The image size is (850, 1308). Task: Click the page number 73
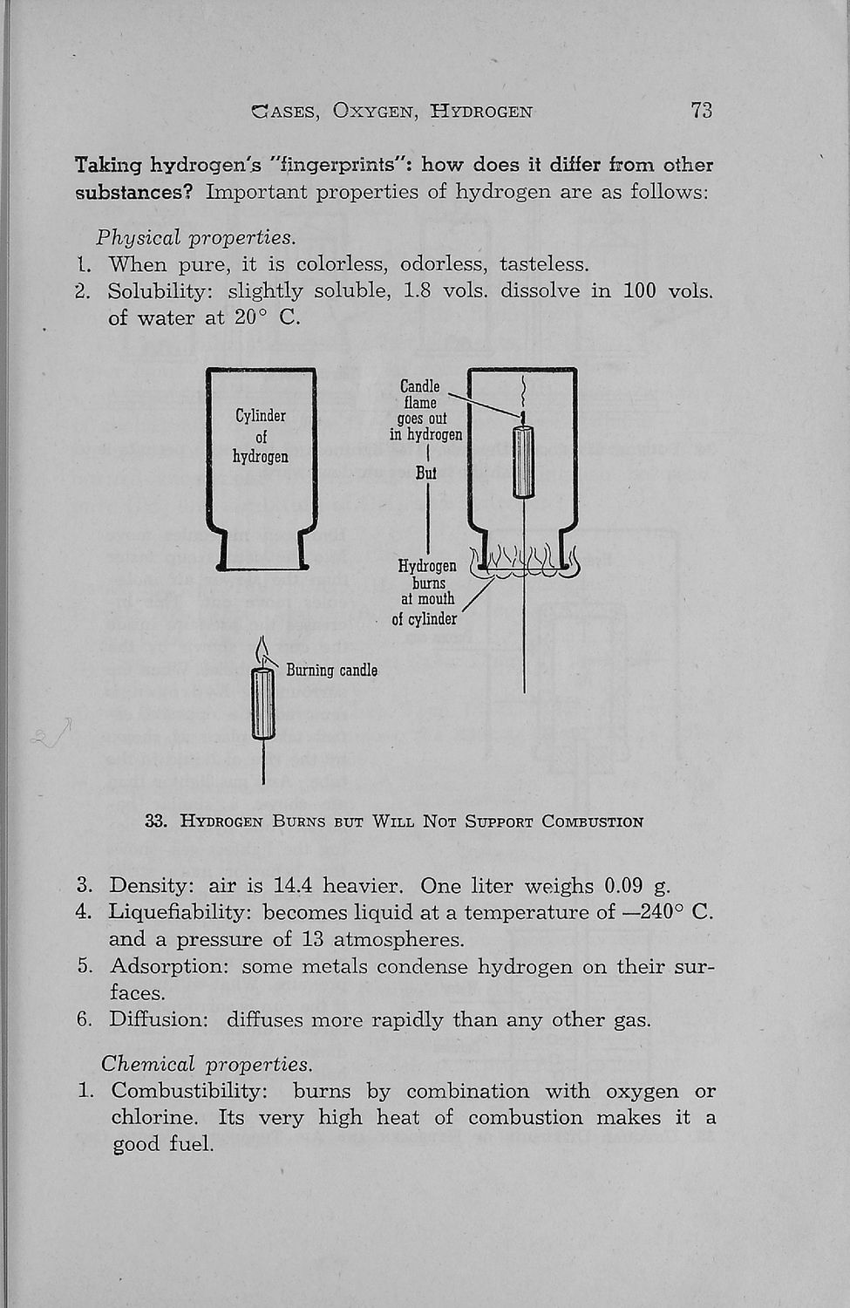[701, 110]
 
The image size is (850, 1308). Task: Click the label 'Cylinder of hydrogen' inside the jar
[261, 436]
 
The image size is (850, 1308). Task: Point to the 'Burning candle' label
[331, 670]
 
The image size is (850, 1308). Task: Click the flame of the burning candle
[262, 651]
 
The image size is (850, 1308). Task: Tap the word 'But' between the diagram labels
[426, 473]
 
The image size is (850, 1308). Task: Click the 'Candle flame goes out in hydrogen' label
[425, 411]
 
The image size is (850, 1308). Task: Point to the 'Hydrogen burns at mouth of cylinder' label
[426, 592]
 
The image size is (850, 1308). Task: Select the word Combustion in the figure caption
[592, 821]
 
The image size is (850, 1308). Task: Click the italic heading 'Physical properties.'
[195, 238]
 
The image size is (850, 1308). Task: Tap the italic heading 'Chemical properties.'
[206, 1064]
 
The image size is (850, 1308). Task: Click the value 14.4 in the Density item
[292, 886]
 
